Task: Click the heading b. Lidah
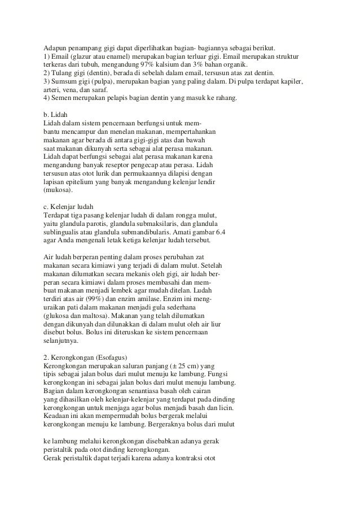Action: tap(56, 115)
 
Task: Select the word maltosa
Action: tap(94, 315)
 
